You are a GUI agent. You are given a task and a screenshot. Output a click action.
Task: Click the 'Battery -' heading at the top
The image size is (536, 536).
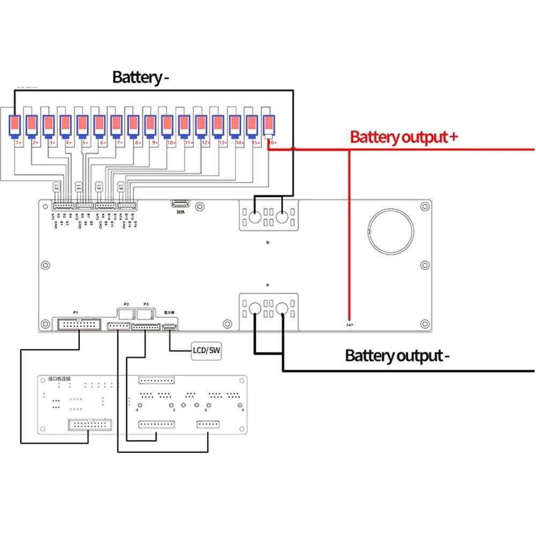[x=140, y=77]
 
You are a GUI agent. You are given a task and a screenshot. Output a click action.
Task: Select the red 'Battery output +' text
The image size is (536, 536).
[x=404, y=137]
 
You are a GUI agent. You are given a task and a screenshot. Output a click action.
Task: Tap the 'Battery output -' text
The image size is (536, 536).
[x=394, y=355]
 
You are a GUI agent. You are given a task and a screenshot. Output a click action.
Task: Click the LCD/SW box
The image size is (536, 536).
[x=207, y=351]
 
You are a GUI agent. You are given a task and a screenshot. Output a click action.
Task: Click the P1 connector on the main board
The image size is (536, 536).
[x=79, y=324]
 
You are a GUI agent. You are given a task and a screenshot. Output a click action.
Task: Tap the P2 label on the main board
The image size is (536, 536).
[x=127, y=303]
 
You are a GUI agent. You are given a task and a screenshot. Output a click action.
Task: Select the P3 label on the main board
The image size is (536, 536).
[x=146, y=303]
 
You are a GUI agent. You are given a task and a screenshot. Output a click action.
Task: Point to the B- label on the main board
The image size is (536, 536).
[x=267, y=243]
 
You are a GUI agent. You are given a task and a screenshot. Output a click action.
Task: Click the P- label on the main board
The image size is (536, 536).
[x=267, y=285]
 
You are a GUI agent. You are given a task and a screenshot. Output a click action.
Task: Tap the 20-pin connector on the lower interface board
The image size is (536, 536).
[x=88, y=425]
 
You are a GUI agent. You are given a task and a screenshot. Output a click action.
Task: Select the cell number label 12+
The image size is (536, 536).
[x=205, y=143]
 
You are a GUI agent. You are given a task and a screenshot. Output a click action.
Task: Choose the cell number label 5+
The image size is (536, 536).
[x=85, y=143]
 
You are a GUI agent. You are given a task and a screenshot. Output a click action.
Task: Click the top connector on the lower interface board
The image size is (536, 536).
[x=157, y=380]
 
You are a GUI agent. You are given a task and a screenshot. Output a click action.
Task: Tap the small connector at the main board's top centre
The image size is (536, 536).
[x=180, y=204]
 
